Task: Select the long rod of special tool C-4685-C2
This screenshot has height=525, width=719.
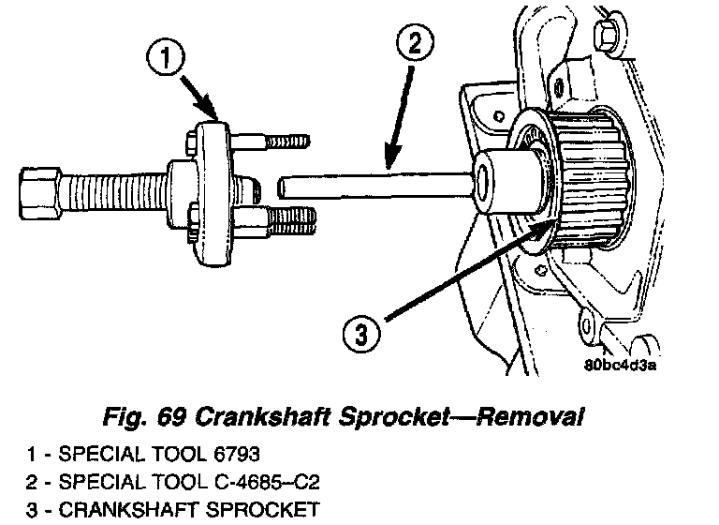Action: click(374, 182)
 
